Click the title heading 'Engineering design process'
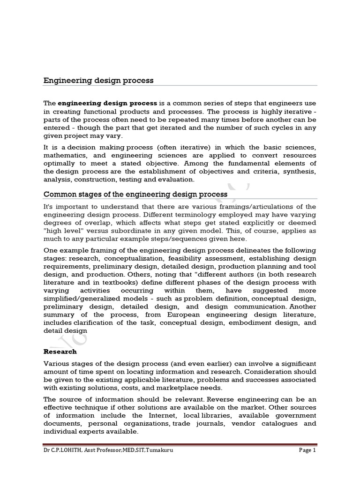[x=98, y=80]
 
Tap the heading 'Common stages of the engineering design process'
[x=135, y=194]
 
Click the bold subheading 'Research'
[x=60, y=351]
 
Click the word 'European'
[x=203, y=315]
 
